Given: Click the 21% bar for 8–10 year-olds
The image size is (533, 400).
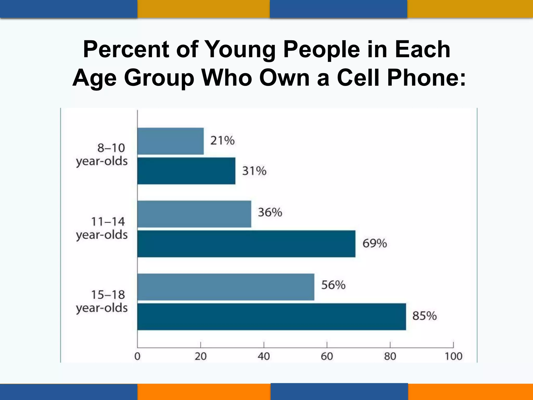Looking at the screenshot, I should click(x=170, y=141).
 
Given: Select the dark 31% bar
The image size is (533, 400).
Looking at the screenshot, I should click(x=186, y=171).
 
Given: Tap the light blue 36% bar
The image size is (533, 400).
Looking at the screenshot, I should click(x=194, y=214).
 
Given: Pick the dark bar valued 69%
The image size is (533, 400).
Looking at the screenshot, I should click(x=246, y=244).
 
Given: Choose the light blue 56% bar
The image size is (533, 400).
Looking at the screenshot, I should click(x=226, y=287).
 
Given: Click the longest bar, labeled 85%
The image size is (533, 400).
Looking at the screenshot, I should click(x=271, y=317).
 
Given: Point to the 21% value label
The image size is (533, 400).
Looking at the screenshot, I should click(x=222, y=141).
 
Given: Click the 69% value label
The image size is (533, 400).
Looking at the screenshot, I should click(x=375, y=243).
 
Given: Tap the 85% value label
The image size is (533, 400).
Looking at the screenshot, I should click(x=424, y=316).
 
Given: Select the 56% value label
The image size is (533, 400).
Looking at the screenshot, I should click(x=333, y=285).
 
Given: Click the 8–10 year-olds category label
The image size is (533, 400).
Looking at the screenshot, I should click(x=102, y=155).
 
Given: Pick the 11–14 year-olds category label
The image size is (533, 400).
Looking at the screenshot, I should click(x=102, y=228).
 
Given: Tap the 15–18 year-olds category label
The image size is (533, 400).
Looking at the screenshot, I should click(x=102, y=302).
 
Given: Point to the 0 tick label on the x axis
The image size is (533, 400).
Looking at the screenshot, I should click(x=137, y=356).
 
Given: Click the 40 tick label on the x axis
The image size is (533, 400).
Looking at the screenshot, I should click(x=264, y=356).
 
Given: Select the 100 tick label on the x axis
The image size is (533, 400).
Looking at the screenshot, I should click(x=453, y=356).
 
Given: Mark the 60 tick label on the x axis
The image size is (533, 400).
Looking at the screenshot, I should click(x=327, y=356).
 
